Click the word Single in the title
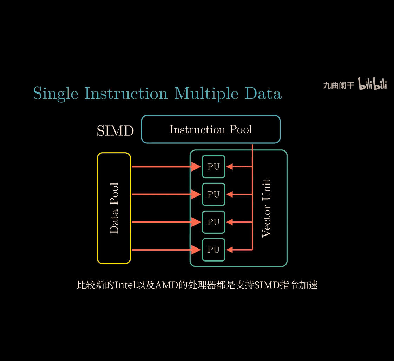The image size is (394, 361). tap(55, 94)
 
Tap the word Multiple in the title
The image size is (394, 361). tap(206, 94)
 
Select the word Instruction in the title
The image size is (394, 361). tap(126, 93)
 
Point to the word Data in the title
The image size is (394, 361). tap(263, 93)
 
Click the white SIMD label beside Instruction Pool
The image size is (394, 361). tap(115, 130)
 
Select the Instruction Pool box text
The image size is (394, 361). tap(211, 129)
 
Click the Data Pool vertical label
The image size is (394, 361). tap(114, 208)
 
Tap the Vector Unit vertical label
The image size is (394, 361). tap(266, 208)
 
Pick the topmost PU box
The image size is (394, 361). tap(214, 167)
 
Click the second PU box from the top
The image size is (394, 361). tap(214, 194)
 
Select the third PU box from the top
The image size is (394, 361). tap(214, 222)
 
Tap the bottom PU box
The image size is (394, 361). tap(214, 250)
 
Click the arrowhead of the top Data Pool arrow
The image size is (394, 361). tap(196, 167)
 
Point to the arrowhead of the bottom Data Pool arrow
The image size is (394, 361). tap(196, 250)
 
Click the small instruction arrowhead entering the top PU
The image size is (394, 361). tap(229, 167)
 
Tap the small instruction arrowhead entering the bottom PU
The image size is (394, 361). tap(229, 250)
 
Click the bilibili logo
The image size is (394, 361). tap(372, 84)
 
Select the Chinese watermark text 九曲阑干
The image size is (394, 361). tap(339, 85)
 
